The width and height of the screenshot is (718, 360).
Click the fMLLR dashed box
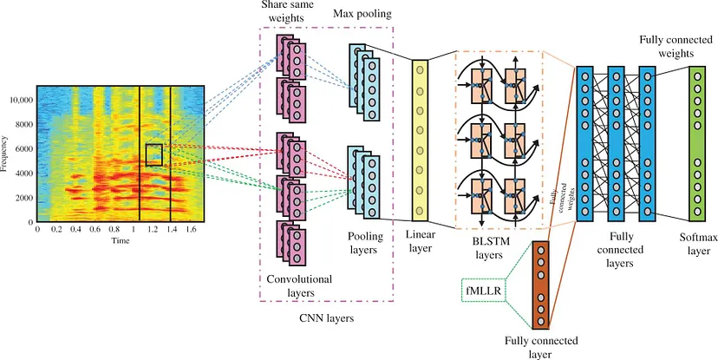pyautogui.click(x=483, y=291)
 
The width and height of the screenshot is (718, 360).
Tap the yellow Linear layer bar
pyautogui.click(x=420, y=141)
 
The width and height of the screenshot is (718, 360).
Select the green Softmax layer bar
pyautogui.click(x=698, y=143)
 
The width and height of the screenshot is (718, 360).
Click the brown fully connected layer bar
pyautogui.click(x=540, y=284)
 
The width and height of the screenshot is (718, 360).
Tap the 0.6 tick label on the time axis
pyautogui.click(x=95, y=229)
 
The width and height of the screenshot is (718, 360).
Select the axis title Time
pyautogui.click(x=121, y=241)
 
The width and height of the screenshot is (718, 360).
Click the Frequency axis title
pyautogui.click(x=4, y=153)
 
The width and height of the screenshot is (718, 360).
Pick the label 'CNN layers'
pyautogui.click(x=326, y=318)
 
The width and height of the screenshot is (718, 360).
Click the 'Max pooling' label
pyautogui.click(x=362, y=14)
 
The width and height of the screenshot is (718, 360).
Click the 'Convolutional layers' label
pyautogui.click(x=299, y=285)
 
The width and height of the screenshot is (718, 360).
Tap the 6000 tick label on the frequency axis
pyautogui.click(x=23, y=149)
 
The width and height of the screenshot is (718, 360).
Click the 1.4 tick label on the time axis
pyautogui.click(x=173, y=229)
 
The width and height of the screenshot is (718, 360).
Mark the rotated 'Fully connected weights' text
pyautogui.click(x=561, y=194)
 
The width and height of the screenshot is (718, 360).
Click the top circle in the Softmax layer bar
pyautogui.click(x=698, y=76)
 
